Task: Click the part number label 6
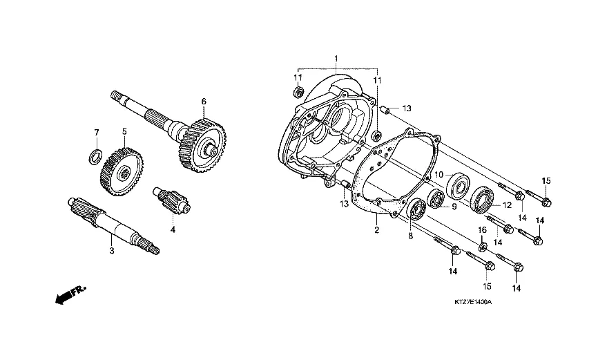204,102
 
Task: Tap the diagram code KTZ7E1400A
472,303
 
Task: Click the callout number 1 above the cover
336,57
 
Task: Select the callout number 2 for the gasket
377,230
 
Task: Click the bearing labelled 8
416,210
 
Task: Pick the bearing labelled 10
459,185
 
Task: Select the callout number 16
482,229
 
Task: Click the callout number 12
507,205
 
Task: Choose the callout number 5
125,131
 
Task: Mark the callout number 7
97,132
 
